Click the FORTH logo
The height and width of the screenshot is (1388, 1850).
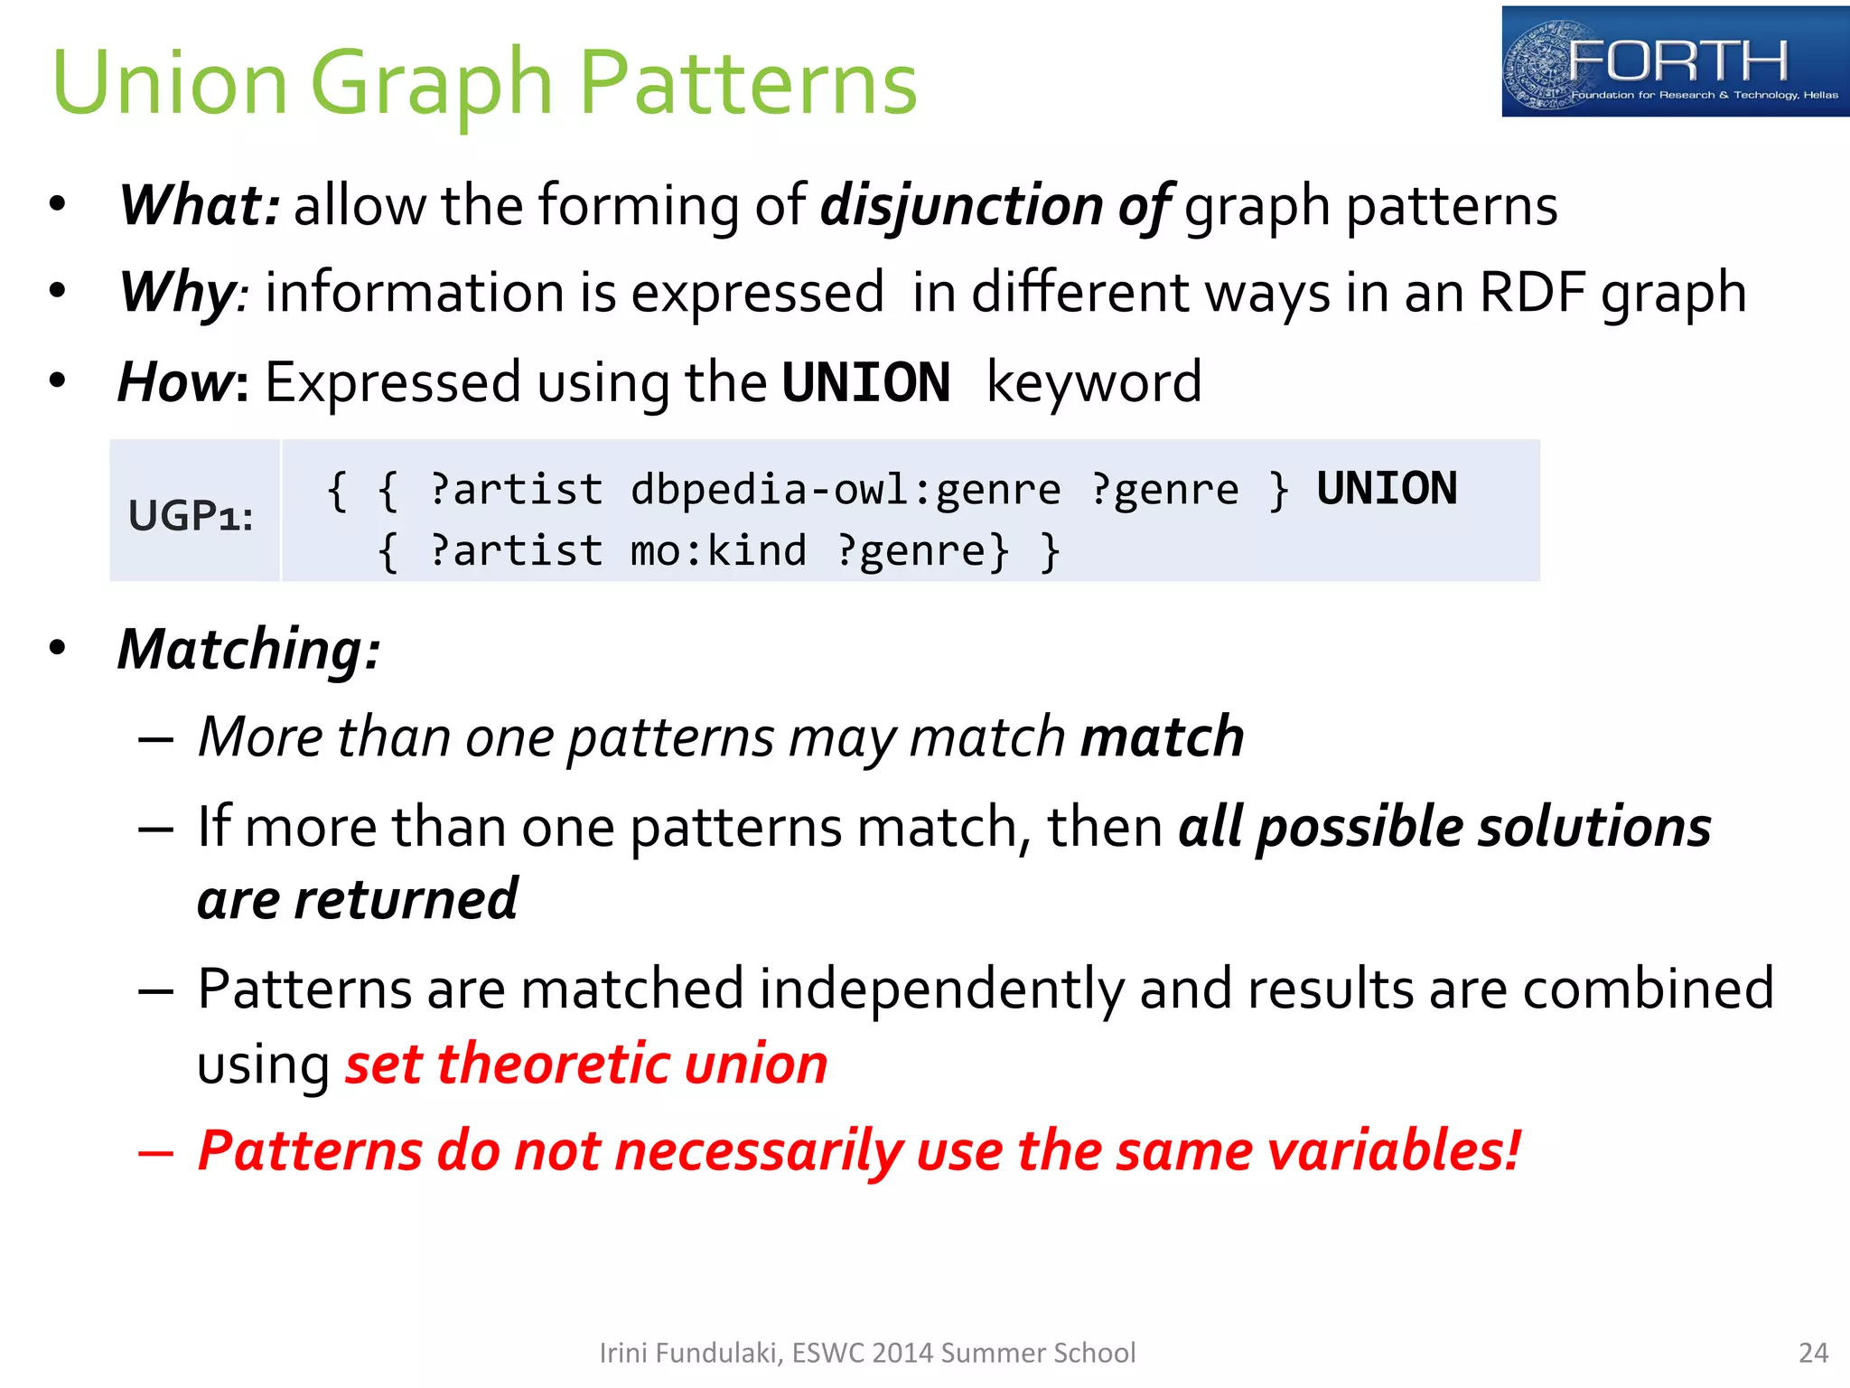1674,61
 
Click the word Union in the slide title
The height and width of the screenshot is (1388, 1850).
170,83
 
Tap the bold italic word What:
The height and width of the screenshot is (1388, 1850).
200,205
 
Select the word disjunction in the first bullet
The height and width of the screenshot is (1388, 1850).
961,205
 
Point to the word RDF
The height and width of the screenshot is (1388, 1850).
1532,293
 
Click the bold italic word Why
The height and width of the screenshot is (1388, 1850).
177,293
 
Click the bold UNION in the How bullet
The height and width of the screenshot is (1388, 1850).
865,382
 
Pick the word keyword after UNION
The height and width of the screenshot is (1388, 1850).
1093,382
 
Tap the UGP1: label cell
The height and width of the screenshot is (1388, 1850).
192,515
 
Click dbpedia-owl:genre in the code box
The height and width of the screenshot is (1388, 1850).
846,491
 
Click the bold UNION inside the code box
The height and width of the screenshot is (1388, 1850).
1386,489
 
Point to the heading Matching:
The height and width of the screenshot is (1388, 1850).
249,650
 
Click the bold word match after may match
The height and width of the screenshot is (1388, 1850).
1162,736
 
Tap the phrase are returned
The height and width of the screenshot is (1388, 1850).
358,899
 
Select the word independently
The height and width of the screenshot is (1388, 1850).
941,989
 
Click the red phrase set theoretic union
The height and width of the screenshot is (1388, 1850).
586,1064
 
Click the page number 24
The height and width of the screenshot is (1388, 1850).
1813,1353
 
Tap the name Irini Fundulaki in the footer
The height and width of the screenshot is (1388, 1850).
688,1353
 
